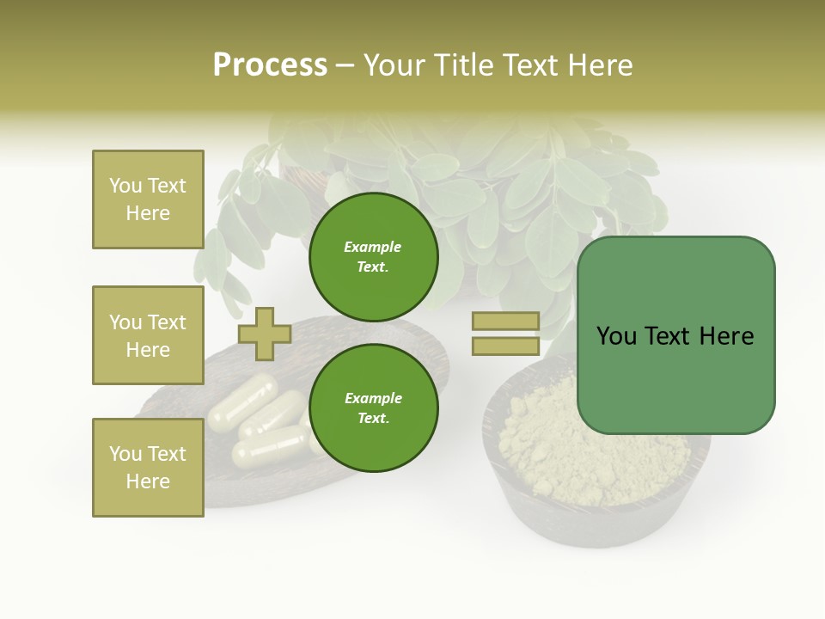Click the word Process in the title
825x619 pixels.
(x=270, y=65)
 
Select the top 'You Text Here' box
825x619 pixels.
(x=148, y=199)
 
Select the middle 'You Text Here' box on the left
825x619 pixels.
(x=148, y=335)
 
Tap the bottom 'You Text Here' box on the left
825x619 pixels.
(x=148, y=468)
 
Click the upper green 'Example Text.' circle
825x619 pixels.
(x=374, y=257)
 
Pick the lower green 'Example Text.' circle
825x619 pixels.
(x=374, y=408)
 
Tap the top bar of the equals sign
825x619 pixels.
(x=505, y=322)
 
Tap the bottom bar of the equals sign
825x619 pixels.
(x=505, y=346)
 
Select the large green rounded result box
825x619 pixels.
(x=675, y=335)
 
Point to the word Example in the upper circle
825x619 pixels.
(x=373, y=247)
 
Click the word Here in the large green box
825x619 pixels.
(x=726, y=336)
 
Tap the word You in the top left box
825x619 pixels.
(x=125, y=186)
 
